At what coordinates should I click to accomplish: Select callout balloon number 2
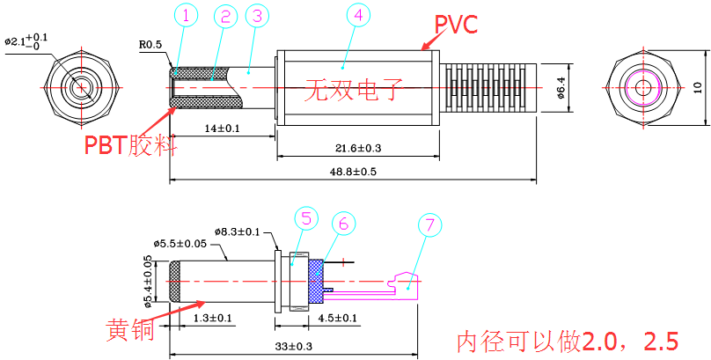[x=224, y=16]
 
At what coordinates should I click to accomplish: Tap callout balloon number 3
[x=256, y=15]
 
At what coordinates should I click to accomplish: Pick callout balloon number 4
[x=356, y=16]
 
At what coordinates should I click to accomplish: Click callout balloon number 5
[x=305, y=217]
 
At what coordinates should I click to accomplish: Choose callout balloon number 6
[x=343, y=224]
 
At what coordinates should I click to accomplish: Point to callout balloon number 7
[x=429, y=225]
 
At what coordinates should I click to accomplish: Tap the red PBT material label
[x=130, y=144]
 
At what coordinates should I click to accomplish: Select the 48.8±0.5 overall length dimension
[x=353, y=172]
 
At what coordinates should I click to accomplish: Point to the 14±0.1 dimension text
[x=222, y=129]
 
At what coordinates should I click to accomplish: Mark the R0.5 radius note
[x=150, y=41]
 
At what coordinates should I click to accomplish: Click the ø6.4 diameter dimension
[x=561, y=88]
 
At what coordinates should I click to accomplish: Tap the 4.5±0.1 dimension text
[x=337, y=319]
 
